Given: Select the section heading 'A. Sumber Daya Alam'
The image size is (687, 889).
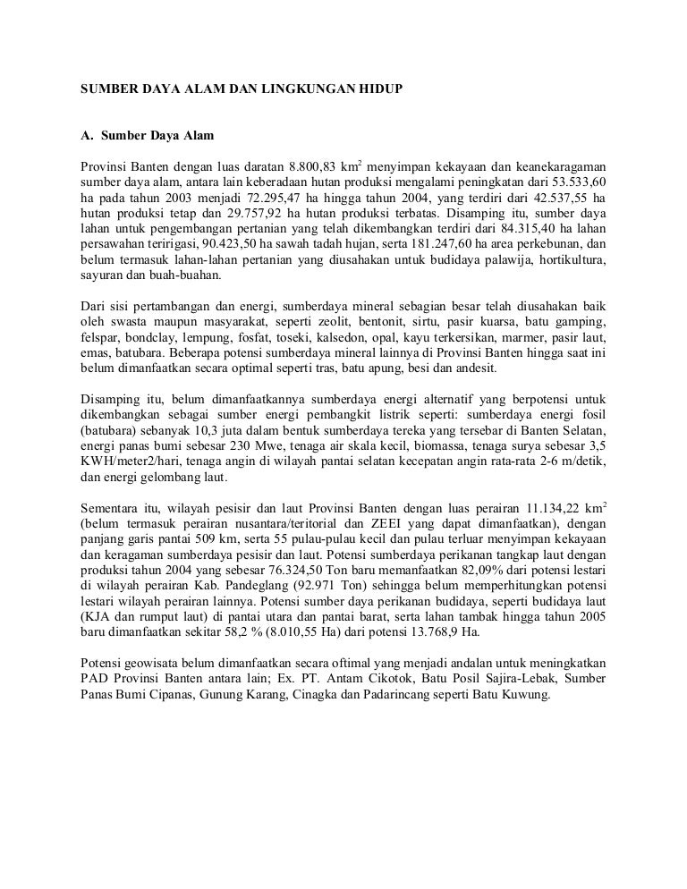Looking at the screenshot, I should pyautogui.click(x=148, y=137).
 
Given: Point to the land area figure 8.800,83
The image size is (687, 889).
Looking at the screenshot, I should pyautogui.click(x=318, y=167).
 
